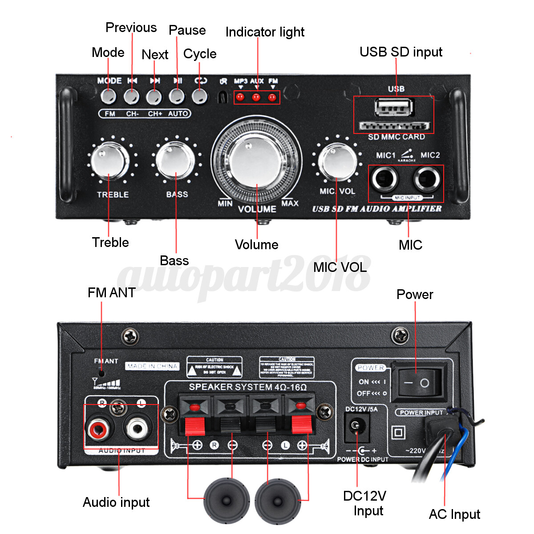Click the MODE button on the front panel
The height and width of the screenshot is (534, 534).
pos(108,96)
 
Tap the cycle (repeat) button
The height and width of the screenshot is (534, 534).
pos(200,96)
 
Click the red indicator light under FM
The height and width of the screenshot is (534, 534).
pos(272,97)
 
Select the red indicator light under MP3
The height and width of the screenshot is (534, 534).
pos(240,97)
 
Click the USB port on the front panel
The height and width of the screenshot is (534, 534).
pos(394,107)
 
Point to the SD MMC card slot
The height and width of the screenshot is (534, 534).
pos(394,126)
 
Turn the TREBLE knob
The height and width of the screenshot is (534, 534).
pos(109,161)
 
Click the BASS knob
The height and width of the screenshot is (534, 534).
pos(175,160)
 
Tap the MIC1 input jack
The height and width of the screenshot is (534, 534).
pos(385,180)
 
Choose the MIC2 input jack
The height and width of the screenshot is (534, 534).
pos(427,180)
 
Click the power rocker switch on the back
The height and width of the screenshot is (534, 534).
pos(419,382)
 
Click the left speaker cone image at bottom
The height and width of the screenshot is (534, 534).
pos(227,501)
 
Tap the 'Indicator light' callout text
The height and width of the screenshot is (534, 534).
pos(265,32)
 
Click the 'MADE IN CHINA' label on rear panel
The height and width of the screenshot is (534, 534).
pos(152,366)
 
